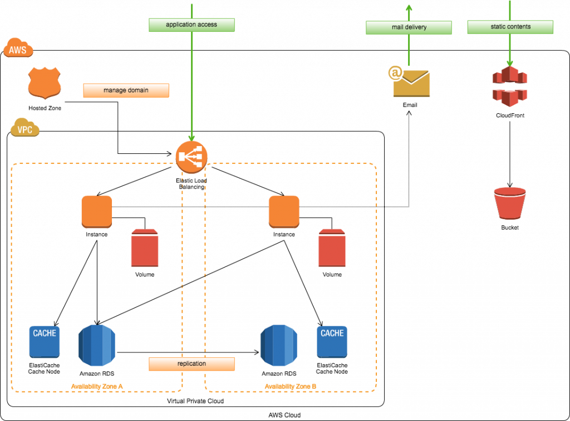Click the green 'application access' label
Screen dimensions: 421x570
(191, 25)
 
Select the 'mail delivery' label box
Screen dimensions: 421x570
(409, 27)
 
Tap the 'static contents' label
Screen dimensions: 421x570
(510, 27)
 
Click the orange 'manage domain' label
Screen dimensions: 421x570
(126, 90)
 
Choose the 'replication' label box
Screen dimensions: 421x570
(191, 364)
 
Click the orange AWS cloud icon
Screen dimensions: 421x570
(18, 49)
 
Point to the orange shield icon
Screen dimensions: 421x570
(45, 83)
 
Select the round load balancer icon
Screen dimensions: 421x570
(191, 157)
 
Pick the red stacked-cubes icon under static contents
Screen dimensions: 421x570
(509, 86)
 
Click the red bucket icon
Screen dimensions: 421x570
(510, 202)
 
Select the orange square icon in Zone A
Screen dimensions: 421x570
(97, 211)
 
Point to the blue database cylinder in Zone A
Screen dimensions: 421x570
(97, 345)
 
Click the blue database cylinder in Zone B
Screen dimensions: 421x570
(278, 345)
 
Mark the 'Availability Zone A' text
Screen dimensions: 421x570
(97, 386)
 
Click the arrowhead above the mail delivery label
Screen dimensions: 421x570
(409, 7)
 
